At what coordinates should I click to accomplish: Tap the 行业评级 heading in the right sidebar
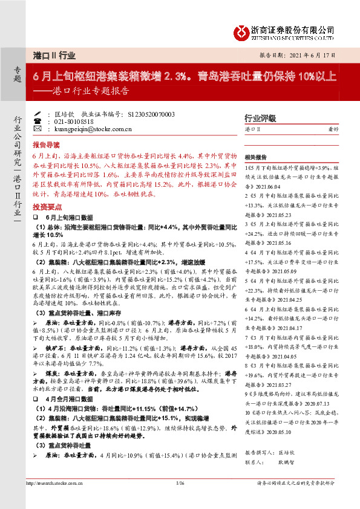click(x=260, y=118)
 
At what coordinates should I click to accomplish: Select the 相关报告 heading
click(x=257, y=156)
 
